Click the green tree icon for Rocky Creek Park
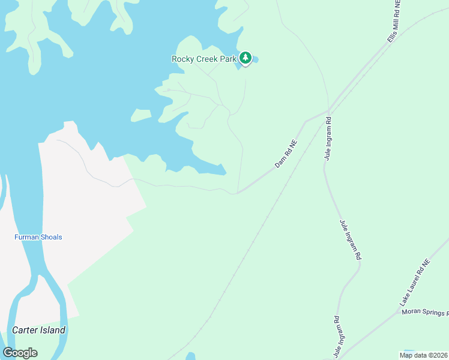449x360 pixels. pos(245,58)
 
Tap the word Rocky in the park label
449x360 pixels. pos(182,59)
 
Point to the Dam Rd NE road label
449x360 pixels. pos(286,154)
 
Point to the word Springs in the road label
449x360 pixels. pos(435,313)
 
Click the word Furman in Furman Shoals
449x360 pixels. pos(28,237)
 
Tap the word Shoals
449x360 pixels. pos(52,237)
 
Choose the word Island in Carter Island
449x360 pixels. pos(53,330)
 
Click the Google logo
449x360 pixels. pos(20,353)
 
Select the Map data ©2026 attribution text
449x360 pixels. pos(423,355)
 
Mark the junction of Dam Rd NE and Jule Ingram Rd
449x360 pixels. pos(328,110)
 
